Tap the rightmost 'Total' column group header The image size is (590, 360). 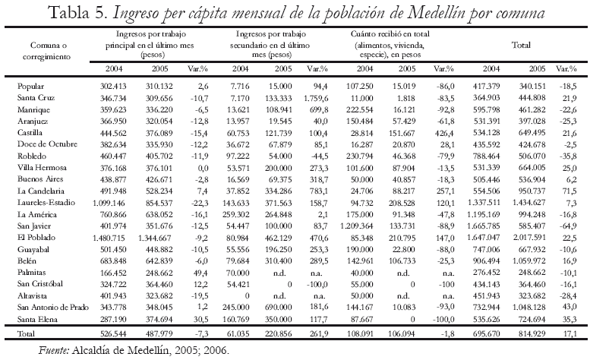click(x=521, y=46)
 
